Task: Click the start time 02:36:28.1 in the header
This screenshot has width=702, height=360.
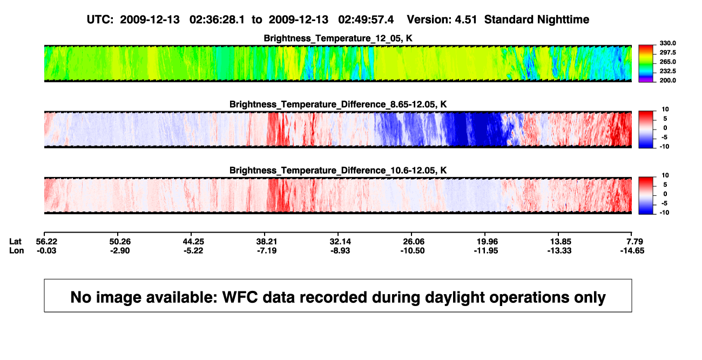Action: click(x=217, y=19)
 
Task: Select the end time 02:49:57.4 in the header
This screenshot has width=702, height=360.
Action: click(x=366, y=19)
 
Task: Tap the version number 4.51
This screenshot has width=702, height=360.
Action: click(x=465, y=19)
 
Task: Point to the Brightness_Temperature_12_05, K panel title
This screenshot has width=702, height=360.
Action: click(x=338, y=38)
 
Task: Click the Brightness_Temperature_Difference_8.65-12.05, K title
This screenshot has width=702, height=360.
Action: click(x=338, y=104)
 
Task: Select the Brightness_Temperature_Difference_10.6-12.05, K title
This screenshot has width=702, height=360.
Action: click(x=338, y=171)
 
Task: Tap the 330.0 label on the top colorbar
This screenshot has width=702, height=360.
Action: click(x=667, y=43)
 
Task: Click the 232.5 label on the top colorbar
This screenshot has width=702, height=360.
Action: click(x=667, y=71)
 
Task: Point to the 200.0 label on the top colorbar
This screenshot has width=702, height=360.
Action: click(x=667, y=80)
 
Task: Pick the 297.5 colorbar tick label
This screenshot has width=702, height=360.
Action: click(x=667, y=52)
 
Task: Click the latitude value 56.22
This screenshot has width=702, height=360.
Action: click(x=46, y=242)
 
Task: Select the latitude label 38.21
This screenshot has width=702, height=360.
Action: click(x=267, y=242)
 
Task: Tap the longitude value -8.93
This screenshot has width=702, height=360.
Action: click(x=340, y=250)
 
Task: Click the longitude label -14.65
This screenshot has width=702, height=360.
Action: click(x=632, y=250)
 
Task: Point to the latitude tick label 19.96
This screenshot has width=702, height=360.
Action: click(x=487, y=242)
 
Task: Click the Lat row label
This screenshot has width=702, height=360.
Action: click(x=15, y=242)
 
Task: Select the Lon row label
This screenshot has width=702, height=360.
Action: click(x=16, y=250)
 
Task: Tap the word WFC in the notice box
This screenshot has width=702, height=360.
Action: click(x=240, y=297)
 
